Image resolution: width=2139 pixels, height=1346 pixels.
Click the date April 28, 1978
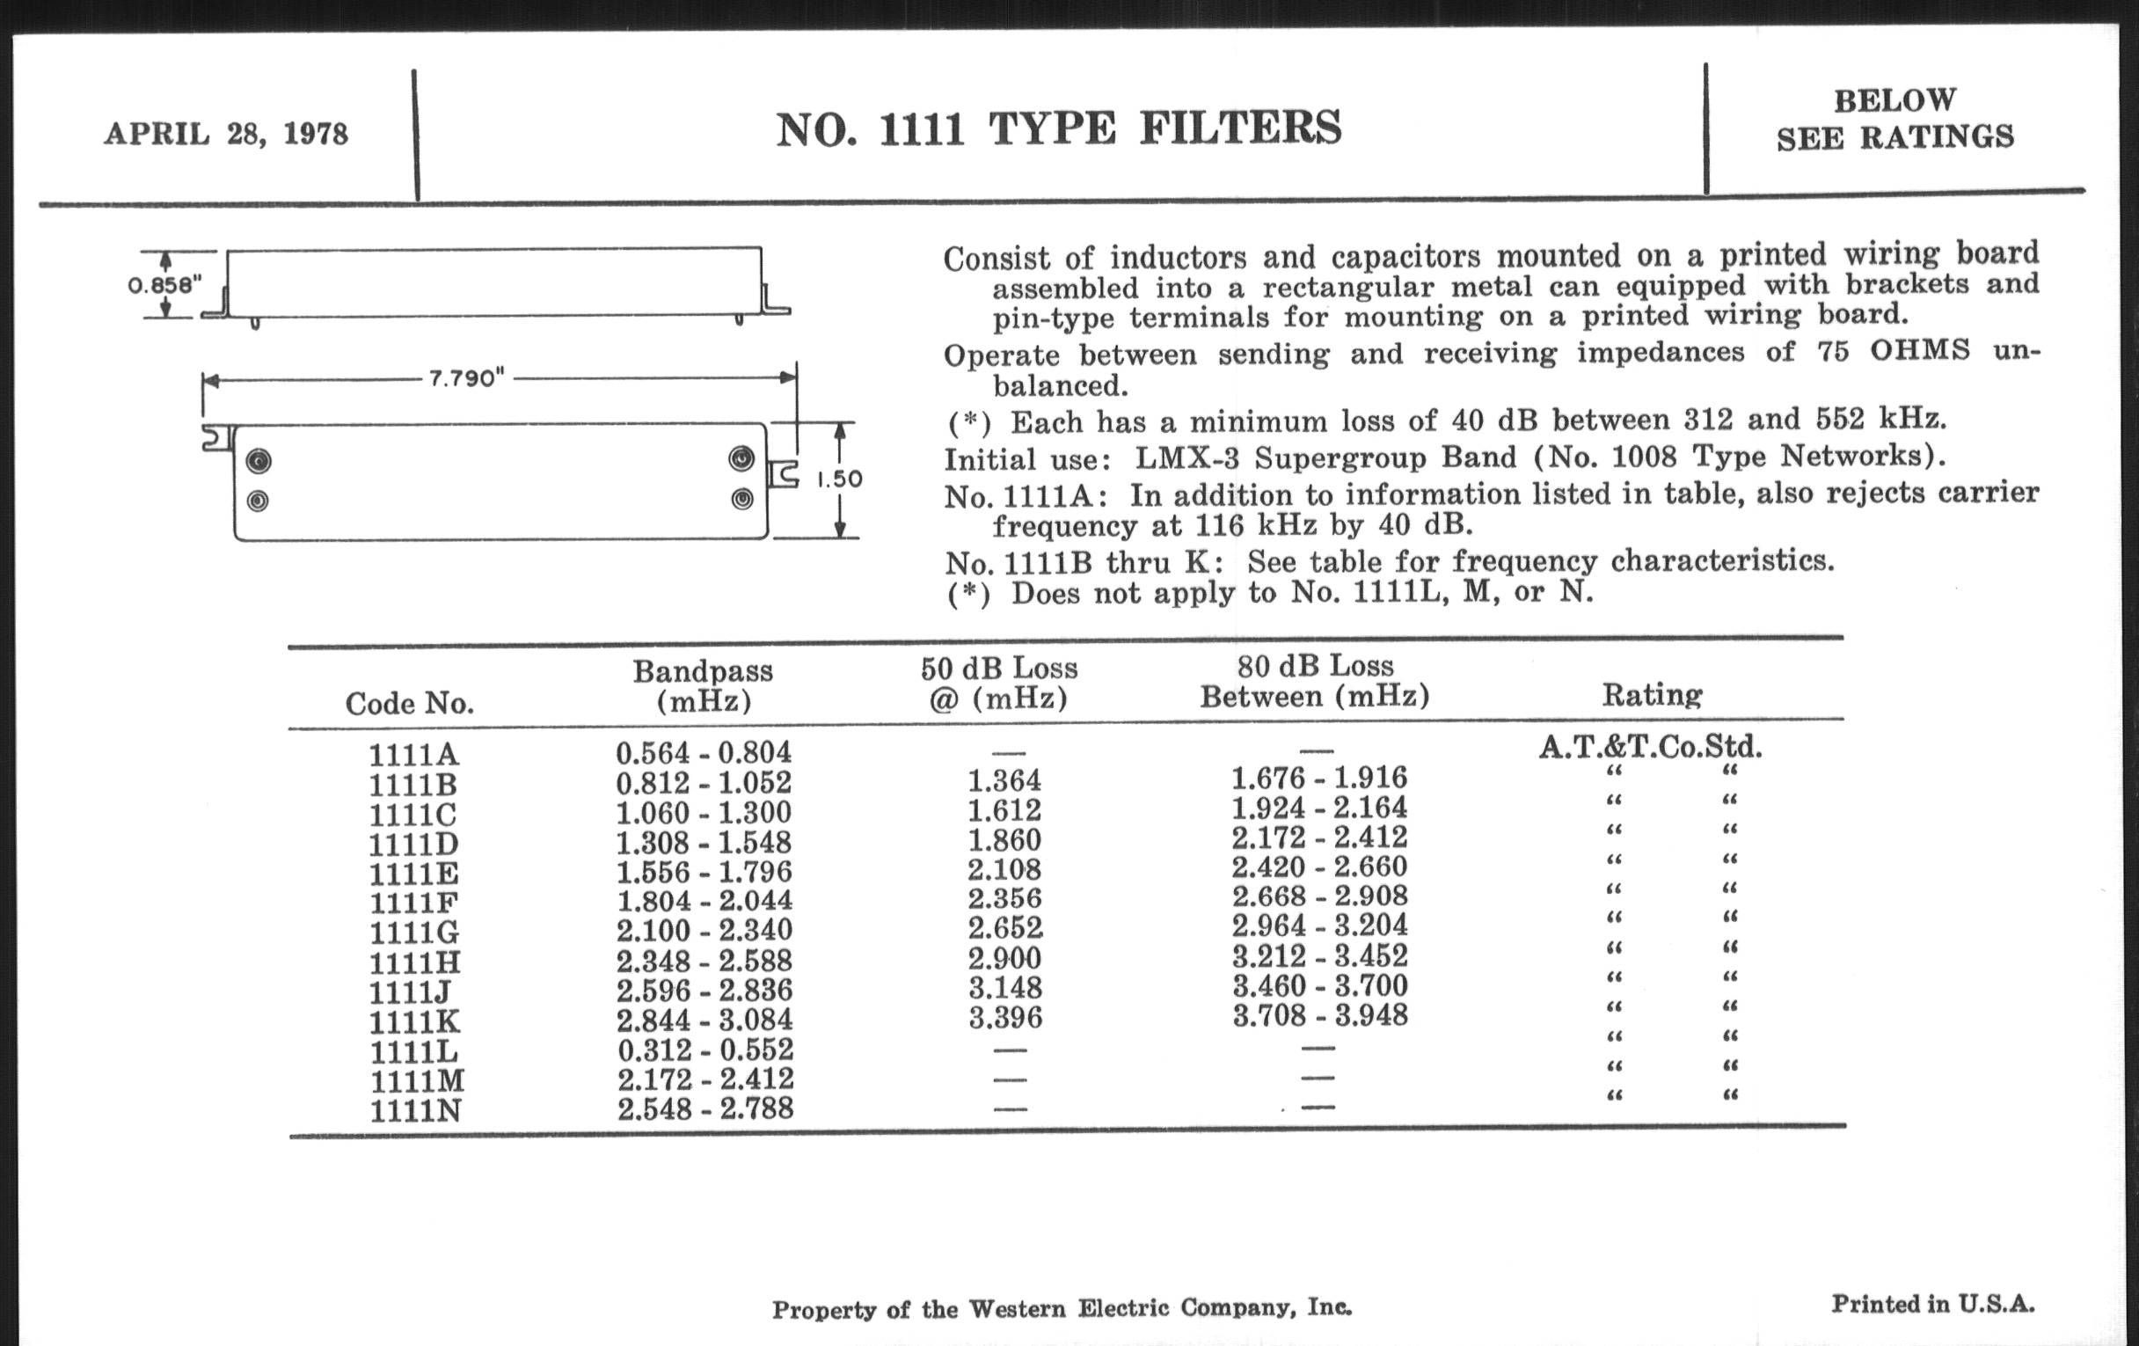coord(226,134)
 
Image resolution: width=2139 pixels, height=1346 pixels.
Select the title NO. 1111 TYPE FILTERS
coord(1059,128)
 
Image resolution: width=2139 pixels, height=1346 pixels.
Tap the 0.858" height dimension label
coord(164,285)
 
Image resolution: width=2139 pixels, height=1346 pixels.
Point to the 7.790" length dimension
coord(466,378)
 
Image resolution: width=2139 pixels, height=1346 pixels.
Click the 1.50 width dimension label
coord(839,479)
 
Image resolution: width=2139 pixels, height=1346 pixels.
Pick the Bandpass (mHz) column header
coord(703,686)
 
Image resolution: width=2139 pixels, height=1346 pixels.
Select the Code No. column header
coord(410,704)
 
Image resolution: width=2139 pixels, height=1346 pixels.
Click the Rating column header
coord(1653,694)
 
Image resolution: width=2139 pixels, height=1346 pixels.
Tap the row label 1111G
coord(414,932)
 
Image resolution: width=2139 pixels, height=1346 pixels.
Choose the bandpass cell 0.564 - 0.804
coord(703,752)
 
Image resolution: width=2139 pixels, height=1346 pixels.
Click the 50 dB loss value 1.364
coord(1004,781)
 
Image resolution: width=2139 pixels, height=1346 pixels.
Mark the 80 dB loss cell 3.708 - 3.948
coord(1319,1014)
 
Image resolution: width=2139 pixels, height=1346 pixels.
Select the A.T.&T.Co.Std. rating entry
coord(1651,746)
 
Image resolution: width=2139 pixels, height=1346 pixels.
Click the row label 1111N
coord(415,1110)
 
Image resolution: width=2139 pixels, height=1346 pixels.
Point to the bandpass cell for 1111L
coord(704,1050)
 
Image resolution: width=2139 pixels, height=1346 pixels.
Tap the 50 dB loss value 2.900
coord(1004,958)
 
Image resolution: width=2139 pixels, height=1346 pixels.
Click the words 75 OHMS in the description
coord(1920,351)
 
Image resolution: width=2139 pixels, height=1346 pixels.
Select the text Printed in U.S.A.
coord(1933,1305)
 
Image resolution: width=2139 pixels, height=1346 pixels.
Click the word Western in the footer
coord(1016,1309)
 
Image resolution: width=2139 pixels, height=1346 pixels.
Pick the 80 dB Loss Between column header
coord(1315,681)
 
